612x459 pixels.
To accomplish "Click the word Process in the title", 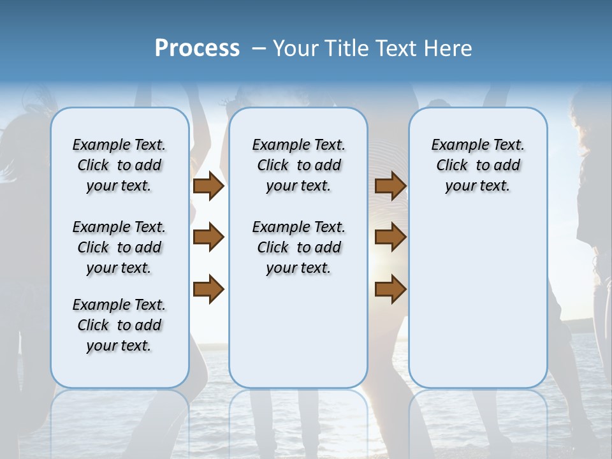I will [197, 48].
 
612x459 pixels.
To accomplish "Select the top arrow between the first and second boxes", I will [208, 186].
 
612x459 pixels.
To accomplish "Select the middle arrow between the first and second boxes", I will [208, 238].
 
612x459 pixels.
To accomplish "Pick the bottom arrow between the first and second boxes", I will [208, 289].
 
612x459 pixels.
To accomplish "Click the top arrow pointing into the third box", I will [390, 186].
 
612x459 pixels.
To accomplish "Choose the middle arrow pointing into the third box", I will [390, 238].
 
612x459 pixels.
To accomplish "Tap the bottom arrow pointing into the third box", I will [390, 289].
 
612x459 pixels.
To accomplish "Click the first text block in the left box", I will [119, 165].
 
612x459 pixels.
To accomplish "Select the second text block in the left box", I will [119, 247].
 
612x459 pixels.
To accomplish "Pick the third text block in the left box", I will [119, 325].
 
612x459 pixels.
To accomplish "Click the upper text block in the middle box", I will [298, 165].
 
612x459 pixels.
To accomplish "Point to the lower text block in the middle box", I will [298, 247].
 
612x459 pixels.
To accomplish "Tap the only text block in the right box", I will [477, 165].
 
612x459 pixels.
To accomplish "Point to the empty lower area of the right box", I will [477, 300].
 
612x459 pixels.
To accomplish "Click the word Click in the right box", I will [452, 165].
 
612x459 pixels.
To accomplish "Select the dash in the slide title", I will [259, 48].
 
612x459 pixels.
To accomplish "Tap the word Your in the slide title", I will [297, 48].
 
